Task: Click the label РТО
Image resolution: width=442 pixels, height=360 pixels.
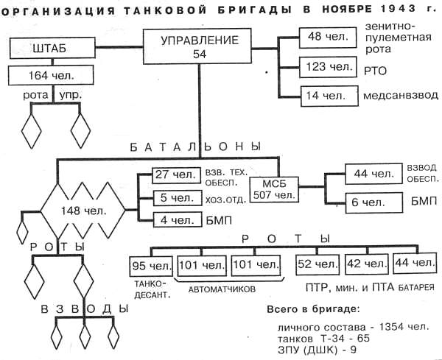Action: (375, 68)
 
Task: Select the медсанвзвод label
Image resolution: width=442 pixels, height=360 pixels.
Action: (401, 96)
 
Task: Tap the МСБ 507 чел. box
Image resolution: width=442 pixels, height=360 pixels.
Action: (275, 189)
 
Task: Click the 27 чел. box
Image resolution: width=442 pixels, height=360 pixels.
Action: (174, 175)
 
